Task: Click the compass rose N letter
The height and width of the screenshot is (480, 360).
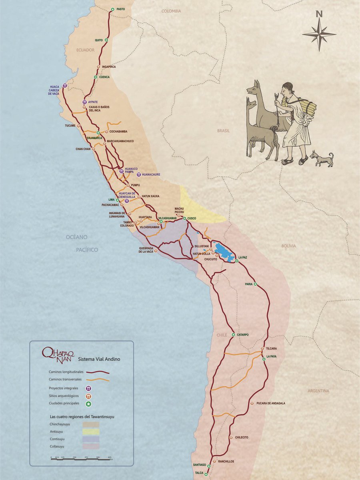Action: pos(319,14)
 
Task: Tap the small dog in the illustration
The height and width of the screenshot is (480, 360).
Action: pos(322,158)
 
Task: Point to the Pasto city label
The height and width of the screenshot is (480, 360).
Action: pos(121,9)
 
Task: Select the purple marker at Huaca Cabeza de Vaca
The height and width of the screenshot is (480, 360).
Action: pos(65,86)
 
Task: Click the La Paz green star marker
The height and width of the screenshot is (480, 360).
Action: pos(236,261)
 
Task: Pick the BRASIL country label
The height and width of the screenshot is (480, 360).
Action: pos(223,130)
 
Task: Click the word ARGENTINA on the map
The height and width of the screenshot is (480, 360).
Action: pos(318,391)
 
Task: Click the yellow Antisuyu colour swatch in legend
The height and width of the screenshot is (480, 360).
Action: pos(90,432)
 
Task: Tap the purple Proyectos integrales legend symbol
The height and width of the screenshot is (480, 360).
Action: pos(88,388)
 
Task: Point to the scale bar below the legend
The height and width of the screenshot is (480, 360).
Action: pos(82,458)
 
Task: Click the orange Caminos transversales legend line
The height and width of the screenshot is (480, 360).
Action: pos(98,379)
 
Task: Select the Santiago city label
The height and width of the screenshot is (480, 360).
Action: pos(200,465)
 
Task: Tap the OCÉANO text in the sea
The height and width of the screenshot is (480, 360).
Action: pos(77,237)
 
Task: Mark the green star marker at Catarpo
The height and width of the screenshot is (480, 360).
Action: pos(233,334)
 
